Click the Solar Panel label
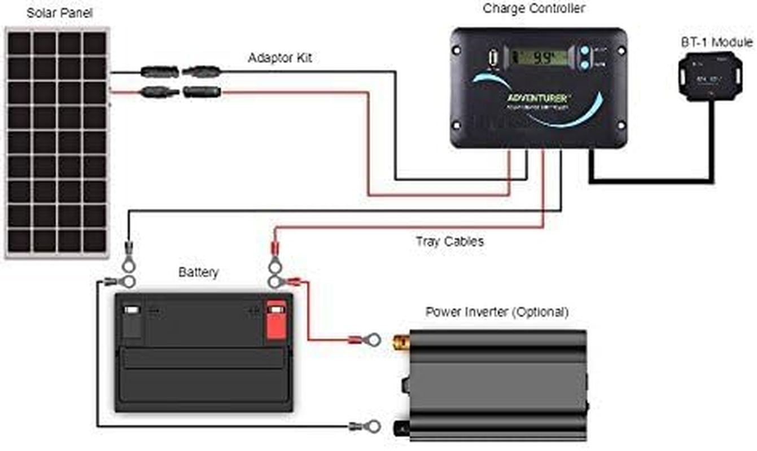[x=59, y=12]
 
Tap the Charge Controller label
[x=533, y=8]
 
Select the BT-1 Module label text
[x=716, y=42]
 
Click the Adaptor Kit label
[x=279, y=58]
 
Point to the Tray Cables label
[x=449, y=241]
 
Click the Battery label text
[x=198, y=272]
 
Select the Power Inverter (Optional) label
[x=497, y=312]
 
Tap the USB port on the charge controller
[x=491, y=58]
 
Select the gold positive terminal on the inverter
[x=401, y=340]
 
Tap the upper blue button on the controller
[x=584, y=51]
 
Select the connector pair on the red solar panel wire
[x=180, y=91]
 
